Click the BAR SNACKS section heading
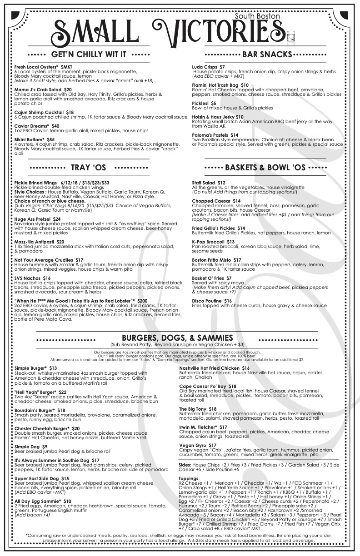[267, 55]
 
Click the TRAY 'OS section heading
[89, 168]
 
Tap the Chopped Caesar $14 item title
[216, 200]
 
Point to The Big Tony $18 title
[204, 409]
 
